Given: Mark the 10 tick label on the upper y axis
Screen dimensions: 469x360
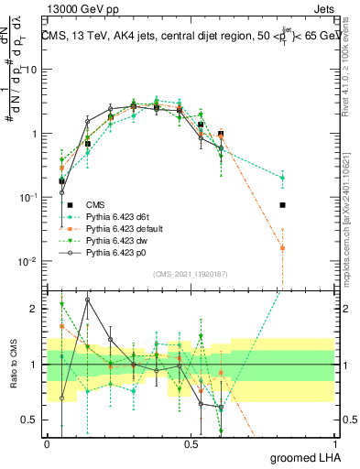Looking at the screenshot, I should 29,70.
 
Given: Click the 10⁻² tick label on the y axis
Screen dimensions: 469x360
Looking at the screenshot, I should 27,261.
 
